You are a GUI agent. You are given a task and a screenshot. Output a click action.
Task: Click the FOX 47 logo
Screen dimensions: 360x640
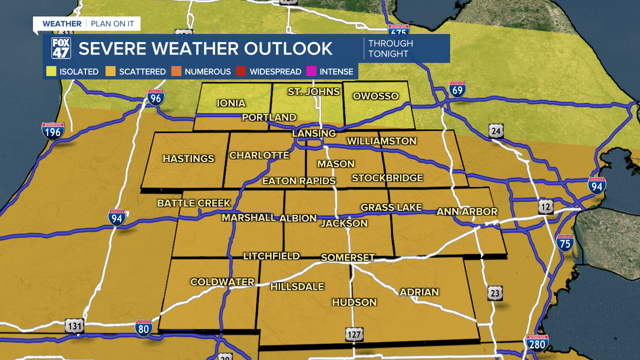point(61,48)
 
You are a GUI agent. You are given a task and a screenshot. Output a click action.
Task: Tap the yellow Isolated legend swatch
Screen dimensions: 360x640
point(51,71)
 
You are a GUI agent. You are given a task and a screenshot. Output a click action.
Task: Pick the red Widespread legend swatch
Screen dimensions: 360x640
point(241,71)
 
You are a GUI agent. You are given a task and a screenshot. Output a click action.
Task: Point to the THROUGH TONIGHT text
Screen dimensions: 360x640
point(390,48)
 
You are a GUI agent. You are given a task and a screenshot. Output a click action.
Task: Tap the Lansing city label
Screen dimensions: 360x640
point(314,133)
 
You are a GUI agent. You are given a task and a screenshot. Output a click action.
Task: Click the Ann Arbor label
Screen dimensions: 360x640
point(467,211)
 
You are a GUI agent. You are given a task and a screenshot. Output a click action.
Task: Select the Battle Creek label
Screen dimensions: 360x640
point(194,203)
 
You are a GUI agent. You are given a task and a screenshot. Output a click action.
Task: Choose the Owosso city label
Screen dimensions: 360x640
point(375,96)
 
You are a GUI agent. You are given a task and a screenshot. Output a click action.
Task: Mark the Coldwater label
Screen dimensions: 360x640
point(222,282)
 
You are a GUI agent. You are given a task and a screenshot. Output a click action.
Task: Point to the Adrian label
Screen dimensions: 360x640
point(419,292)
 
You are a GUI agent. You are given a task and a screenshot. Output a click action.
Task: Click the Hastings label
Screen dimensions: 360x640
point(188,158)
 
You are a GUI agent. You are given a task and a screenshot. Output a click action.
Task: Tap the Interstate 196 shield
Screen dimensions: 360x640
point(52,131)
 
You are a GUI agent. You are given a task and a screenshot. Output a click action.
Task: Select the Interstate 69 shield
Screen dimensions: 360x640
point(457,88)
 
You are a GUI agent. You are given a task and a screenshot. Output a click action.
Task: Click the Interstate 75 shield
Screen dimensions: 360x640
point(565,242)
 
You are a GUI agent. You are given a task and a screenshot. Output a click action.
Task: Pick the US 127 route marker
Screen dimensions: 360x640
point(354,334)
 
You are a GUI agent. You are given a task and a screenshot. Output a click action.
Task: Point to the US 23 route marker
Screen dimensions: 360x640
point(495,293)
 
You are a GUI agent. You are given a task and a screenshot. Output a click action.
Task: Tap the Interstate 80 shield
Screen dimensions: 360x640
point(143,328)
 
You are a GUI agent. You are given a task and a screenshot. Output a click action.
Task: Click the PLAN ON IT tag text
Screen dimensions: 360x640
point(112,23)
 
